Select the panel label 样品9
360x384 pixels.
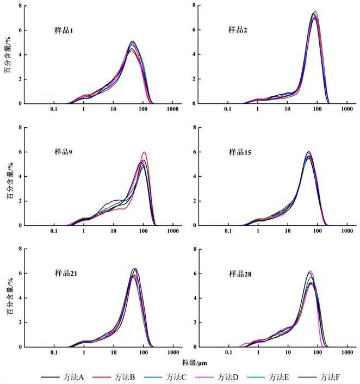(x=64, y=152)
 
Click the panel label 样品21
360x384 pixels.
(x=66, y=272)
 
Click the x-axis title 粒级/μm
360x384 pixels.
(x=194, y=361)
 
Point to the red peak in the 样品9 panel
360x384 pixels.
(x=144, y=152)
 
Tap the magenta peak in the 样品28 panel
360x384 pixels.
(x=310, y=271)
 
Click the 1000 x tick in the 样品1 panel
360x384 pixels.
(x=173, y=110)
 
